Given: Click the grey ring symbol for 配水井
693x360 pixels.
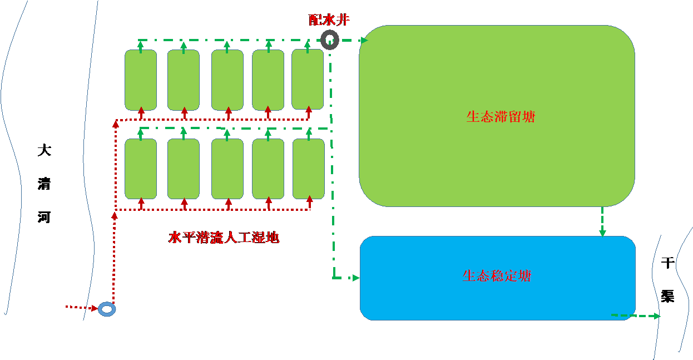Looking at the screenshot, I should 330,40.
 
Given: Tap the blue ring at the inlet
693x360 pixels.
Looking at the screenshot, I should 107,309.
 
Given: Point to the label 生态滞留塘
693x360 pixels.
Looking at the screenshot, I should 501,117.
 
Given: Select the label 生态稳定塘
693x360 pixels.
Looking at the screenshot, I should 497,276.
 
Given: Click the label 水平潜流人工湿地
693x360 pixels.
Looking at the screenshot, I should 224,238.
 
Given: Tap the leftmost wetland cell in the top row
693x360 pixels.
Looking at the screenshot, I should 141,80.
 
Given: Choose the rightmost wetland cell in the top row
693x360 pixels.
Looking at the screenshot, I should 308,80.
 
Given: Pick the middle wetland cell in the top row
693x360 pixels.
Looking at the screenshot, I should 227,80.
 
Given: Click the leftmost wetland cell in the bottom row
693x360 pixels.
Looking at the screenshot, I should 141,169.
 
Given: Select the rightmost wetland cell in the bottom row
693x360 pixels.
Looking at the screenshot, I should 309,169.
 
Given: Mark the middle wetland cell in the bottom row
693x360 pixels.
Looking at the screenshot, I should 227,169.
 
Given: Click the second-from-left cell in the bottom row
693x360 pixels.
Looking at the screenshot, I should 184,169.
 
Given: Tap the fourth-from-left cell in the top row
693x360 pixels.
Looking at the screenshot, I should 268,80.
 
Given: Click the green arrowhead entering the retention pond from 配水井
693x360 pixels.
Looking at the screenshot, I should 364,40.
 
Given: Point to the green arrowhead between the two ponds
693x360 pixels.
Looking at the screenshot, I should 602,233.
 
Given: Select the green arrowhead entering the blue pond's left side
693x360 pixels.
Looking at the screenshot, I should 355,277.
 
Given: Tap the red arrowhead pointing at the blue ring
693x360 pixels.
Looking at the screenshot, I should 94,308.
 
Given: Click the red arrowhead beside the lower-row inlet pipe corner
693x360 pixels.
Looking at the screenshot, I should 115,215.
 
